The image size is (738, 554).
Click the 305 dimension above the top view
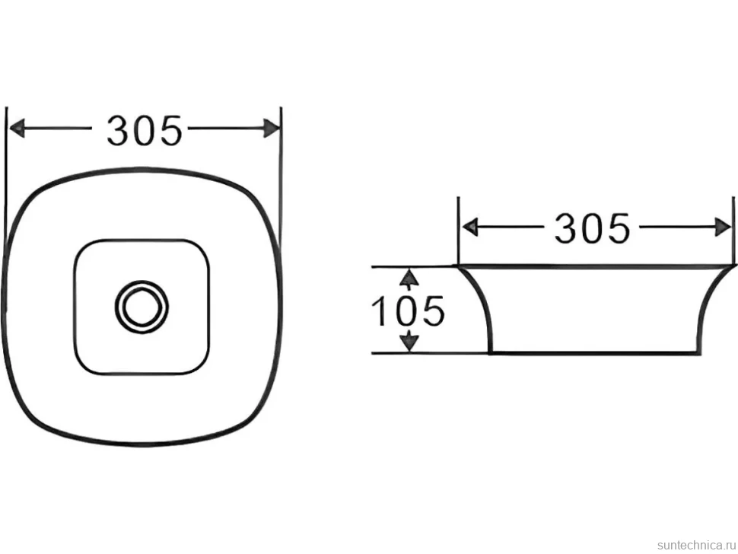click(x=144, y=130)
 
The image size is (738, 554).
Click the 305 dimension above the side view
click(x=592, y=228)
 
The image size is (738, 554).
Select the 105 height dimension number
click(x=408, y=311)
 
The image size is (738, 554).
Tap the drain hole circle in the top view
click(x=142, y=307)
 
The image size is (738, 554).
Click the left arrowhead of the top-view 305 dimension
click(x=17, y=128)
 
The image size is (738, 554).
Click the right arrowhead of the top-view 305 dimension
click(x=272, y=128)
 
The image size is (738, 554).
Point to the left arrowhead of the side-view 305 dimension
click(x=470, y=228)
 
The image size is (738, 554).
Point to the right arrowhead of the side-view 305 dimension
click(x=723, y=228)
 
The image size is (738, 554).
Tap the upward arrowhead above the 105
click(x=409, y=279)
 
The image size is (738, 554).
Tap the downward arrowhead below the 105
click(x=410, y=341)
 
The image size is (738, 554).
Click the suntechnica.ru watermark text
click(x=696, y=545)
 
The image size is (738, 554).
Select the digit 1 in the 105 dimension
click(x=380, y=311)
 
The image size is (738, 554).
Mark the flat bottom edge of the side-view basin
click(x=594, y=352)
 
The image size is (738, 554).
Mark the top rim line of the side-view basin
click(x=595, y=267)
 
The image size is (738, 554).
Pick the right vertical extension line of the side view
click(x=733, y=231)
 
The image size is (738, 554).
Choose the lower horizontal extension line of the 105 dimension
click(x=431, y=352)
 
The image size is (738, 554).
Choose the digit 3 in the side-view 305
click(x=566, y=228)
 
